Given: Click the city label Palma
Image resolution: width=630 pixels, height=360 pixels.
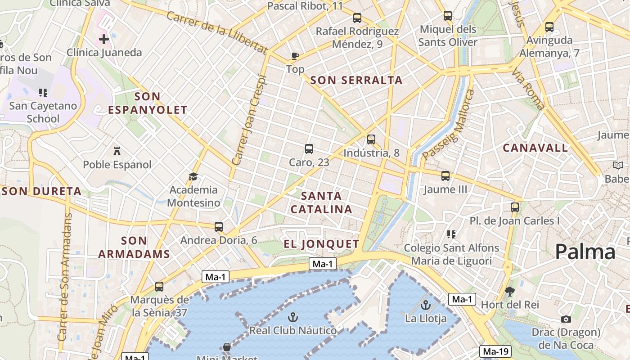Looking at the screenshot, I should (585, 252).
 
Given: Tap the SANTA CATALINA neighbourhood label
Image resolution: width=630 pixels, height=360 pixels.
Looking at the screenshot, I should (321, 202).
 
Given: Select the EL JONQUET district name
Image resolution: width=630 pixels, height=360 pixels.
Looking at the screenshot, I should (321, 244).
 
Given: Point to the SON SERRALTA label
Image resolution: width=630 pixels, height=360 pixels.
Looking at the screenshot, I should (356, 81).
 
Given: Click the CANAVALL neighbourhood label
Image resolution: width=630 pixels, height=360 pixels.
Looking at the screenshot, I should (535, 148).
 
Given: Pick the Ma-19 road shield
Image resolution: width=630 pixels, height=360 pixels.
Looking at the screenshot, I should (496, 351).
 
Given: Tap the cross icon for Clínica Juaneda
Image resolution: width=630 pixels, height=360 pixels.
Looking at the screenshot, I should (104, 39).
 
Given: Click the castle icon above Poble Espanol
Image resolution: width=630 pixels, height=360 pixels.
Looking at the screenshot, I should (117, 150).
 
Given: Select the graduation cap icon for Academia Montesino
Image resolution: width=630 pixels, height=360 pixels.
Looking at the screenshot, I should (193, 176).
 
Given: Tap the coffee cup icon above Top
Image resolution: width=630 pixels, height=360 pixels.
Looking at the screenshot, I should (295, 56).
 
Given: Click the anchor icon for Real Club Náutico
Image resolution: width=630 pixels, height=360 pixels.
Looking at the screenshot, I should (293, 317).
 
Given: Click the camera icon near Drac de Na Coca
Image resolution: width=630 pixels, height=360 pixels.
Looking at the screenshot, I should (566, 319).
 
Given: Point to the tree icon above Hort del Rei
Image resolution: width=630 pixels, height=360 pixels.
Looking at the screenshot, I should (509, 292).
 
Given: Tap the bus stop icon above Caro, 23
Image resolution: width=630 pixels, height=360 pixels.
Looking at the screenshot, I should (309, 149).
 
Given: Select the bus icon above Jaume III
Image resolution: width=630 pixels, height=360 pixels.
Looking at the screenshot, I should (445, 176).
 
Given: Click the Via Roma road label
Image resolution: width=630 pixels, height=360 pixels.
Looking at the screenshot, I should (528, 90).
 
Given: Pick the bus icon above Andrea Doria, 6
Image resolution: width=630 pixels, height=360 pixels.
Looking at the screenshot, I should (219, 227).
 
